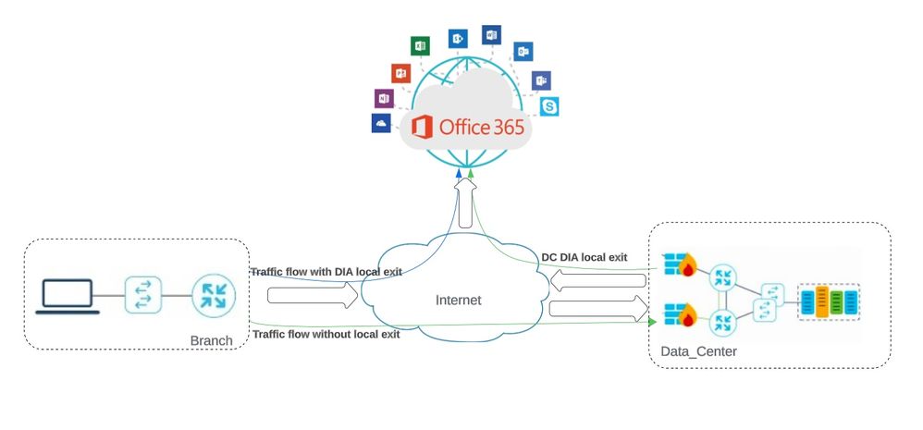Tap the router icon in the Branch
[x=213, y=296]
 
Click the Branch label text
[x=211, y=341]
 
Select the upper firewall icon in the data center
[x=679, y=264]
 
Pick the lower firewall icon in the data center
[x=679, y=314]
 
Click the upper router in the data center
[x=723, y=277]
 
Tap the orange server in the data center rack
[x=821, y=301]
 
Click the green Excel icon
[x=420, y=45]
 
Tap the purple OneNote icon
[x=384, y=98]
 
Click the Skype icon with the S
[x=551, y=107]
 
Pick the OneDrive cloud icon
[x=380, y=123]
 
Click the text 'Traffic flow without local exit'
[x=326, y=334]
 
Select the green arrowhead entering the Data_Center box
[x=653, y=322]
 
